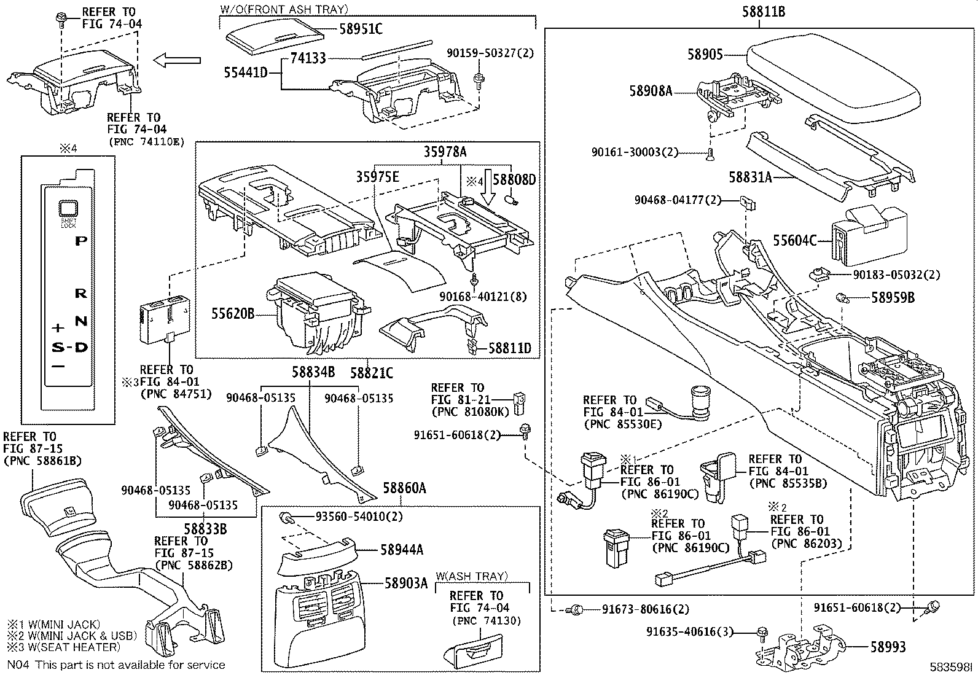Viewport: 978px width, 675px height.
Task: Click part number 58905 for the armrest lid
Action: pos(705,54)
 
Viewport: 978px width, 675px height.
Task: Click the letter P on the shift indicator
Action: pos(80,241)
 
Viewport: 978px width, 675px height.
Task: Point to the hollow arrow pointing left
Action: pos(177,60)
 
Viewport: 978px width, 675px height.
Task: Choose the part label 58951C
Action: pos(361,29)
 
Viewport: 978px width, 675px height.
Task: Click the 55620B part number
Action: pos(233,313)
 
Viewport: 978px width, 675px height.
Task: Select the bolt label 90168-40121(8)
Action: pos(483,297)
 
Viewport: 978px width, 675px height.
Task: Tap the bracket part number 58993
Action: pos(888,647)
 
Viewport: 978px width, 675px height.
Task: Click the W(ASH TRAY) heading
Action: pos(472,576)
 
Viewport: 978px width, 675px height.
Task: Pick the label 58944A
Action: pos(402,550)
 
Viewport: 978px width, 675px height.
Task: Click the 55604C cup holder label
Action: pos(795,241)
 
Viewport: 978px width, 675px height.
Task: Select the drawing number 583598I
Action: pos(950,667)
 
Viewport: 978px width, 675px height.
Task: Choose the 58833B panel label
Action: pos(205,529)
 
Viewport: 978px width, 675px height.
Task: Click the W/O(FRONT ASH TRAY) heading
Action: pos(284,9)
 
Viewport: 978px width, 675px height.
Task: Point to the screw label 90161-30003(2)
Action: pos(635,152)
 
